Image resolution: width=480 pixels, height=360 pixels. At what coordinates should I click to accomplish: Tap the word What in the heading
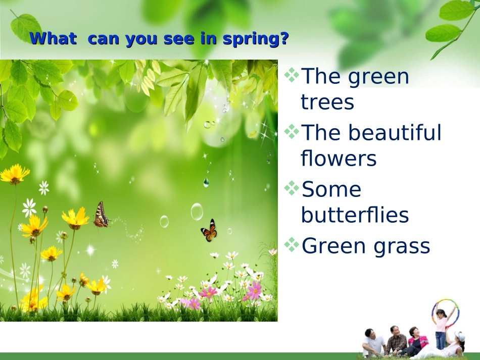coord(53,38)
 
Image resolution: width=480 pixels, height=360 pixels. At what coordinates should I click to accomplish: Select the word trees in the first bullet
coord(327,102)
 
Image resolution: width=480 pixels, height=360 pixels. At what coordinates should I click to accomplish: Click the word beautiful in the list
coord(395,132)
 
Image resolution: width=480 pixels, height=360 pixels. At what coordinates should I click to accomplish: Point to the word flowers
coord(339,158)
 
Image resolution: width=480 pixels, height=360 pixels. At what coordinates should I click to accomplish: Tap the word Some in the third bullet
coord(331,189)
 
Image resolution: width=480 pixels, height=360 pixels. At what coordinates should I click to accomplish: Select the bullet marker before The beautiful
coord(292,131)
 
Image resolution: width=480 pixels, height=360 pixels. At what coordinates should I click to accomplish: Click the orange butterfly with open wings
coord(209,231)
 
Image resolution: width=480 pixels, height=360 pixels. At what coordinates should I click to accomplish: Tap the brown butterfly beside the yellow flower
coord(102,215)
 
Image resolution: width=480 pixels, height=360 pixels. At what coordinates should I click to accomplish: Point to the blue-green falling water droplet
coord(206,183)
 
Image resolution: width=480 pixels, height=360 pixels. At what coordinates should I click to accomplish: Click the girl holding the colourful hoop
coord(441,329)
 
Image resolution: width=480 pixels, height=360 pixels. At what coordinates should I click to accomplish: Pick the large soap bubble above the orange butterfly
coord(197,212)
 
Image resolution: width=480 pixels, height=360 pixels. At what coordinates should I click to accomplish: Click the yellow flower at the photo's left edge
coord(14,174)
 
